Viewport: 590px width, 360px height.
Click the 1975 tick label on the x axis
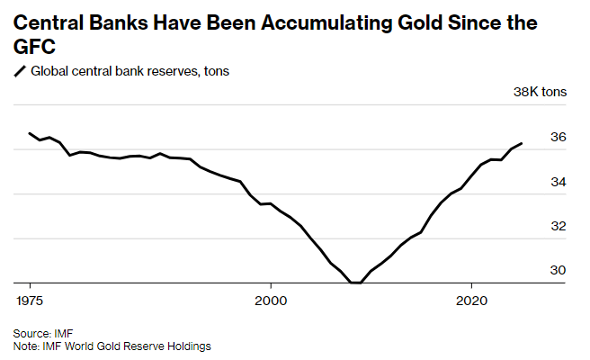pyautogui.click(x=30, y=297)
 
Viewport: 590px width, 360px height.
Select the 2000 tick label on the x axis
pyautogui.click(x=272, y=297)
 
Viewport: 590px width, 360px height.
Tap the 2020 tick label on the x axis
pyautogui.click(x=473, y=297)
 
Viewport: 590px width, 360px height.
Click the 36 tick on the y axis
pyautogui.click(x=558, y=138)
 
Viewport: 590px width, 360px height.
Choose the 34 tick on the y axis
pyautogui.click(x=558, y=182)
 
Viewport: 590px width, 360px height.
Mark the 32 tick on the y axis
pyautogui.click(x=558, y=226)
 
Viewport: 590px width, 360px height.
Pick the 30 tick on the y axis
pyautogui.click(x=558, y=270)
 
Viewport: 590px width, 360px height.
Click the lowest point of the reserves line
pyautogui.click(x=356, y=283)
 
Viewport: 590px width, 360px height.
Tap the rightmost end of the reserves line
pyautogui.click(x=523, y=143)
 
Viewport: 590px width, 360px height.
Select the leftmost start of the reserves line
pyautogui.click(x=30, y=133)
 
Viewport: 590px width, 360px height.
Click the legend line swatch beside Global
pyautogui.click(x=20, y=71)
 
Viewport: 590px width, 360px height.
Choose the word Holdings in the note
pyautogui.click(x=189, y=345)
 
